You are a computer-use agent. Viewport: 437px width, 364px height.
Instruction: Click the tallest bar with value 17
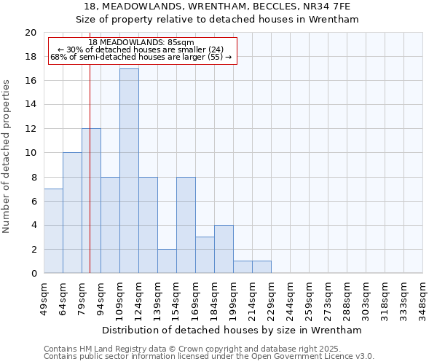(x=129, y=171)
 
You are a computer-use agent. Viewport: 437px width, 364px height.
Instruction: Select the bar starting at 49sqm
(x=53, y=231)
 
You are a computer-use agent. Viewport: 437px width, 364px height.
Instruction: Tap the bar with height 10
(x=72, y=213)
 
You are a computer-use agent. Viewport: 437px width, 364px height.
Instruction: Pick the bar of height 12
(x=91, y=201)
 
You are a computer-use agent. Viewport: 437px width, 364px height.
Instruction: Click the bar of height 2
(x=167, y=261)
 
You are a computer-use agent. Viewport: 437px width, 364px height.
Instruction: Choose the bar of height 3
(x=205, y=255)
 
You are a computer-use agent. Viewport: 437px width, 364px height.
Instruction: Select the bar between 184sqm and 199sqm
(x=224, y=249)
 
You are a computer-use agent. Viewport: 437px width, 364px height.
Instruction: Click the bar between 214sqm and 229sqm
(x=261, y=267)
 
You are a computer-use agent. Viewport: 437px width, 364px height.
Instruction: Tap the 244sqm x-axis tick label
(x=291, y=300)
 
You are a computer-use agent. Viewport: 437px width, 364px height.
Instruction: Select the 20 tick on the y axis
(x=31, y=33)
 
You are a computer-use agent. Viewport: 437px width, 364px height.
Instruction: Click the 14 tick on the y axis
(x=31, y=105)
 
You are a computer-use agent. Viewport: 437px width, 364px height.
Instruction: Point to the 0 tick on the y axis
(x=34, y=273)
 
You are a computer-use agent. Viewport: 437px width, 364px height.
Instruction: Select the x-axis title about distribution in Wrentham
(x=233, y=330)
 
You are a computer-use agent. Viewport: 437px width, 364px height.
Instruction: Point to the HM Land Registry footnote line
(x=192, y=349)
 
